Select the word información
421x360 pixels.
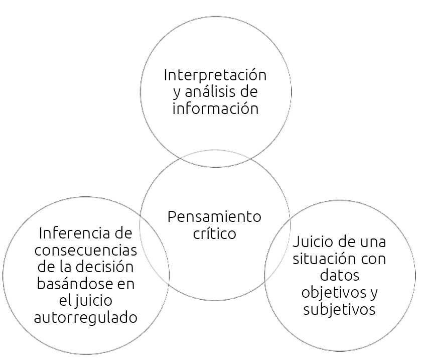click(215, 108)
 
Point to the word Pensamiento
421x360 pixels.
click(214, 217)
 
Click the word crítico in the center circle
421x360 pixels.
click(214, 233)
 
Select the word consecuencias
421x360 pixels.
click(86, 250)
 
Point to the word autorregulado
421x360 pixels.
click(86, 318)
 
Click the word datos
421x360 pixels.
click(340, 276)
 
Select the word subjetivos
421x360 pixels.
click(339, 309)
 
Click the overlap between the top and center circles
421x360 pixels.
click(215, 159)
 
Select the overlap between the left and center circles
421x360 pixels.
click(154, 246)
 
